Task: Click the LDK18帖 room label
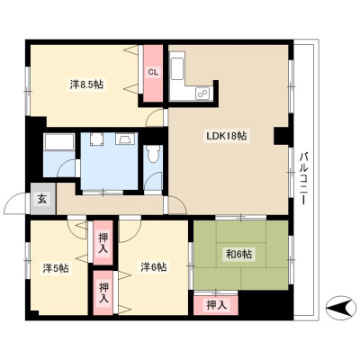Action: click(x=226, y=137)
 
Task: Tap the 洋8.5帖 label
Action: click(x=86, y=85)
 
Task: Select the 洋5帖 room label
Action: click(x=56, y=268)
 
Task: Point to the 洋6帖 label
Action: click(x=154, y=266)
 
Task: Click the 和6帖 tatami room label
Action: click(x=238, y=255)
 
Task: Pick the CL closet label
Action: click(x=153, y=72)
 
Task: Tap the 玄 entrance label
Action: click(x=42, y=200)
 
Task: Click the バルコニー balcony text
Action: click(x=304, y=179)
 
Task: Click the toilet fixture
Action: click(x=153, y=153)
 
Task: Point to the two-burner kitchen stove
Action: click(x=202, y=94)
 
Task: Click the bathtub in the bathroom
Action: click(x=58, y=142)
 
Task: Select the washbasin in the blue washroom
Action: click(x=124, y=139)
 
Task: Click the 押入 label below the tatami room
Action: click(x=216, y=305)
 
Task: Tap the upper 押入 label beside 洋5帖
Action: click(x=103, y=242)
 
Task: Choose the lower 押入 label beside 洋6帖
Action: click(x=103, y=292)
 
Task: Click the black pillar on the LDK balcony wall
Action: click(x=282, y=136)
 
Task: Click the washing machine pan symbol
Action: click(x=96, y=139)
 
